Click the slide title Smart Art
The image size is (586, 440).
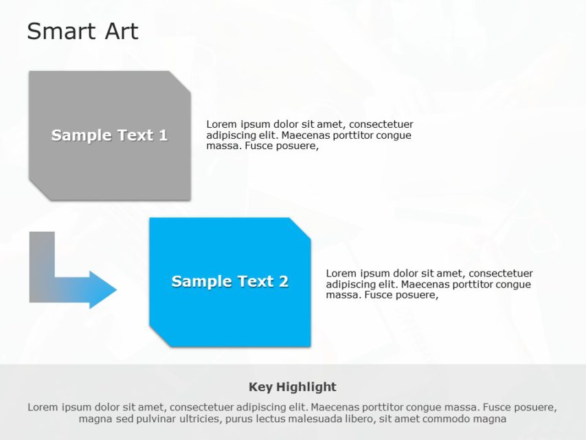(82, 31)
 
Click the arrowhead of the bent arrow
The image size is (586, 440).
(103, 289)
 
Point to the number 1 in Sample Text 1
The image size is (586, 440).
(163, 135)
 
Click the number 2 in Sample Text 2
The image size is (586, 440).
(283, 281)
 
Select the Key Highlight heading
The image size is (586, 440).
(293, 386)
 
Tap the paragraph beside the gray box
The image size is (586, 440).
(309, 135)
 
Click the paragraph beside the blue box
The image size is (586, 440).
(429, 284)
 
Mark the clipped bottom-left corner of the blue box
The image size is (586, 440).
(159, 338)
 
